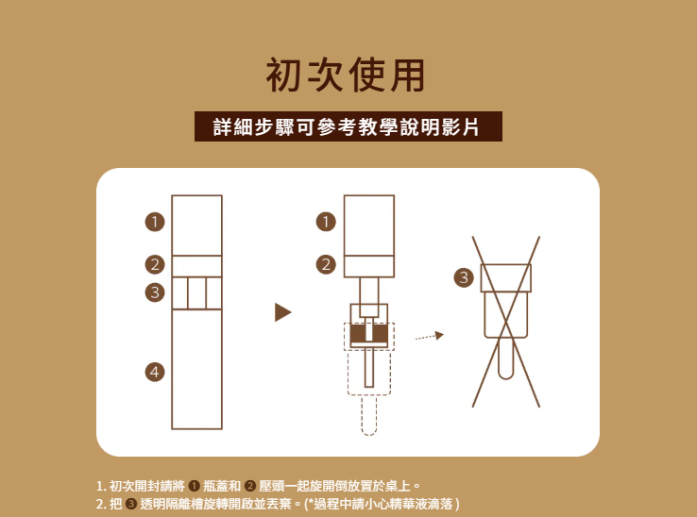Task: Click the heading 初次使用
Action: tap(345, 75)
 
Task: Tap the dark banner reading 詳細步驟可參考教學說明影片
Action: tap(348, 126)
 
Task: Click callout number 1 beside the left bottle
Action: tap(155, 222)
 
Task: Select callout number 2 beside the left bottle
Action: tap(155, 265)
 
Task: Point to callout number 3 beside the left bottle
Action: tap(155, 292)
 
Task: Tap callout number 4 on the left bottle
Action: tap(155, 372)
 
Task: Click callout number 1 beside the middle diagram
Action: tap(326, 222)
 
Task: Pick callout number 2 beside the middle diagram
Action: tap(326, 265)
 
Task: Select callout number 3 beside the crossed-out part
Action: tap(464, 277)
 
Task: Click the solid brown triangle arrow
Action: tap(282, 312)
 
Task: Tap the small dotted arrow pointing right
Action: tap(430, 336)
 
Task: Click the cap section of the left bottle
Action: tap(197, 225)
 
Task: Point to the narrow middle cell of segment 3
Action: tap(197, 293)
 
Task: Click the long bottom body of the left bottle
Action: tap(197, 369)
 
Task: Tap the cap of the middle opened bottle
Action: tap(369, 225)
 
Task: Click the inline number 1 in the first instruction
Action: tap(194, 486)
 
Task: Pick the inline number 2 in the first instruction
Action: tap(250, 486)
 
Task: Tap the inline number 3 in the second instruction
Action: tap(130, 504)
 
